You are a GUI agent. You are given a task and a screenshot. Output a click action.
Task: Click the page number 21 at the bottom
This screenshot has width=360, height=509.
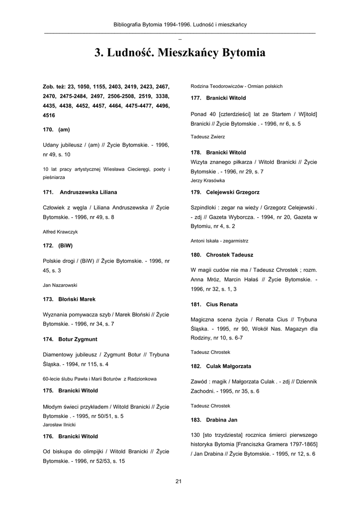pyautogui.click(x=180, y=481)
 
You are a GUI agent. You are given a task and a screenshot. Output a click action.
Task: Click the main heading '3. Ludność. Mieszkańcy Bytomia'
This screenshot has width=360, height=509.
pyautogui.click(x=180, y=53)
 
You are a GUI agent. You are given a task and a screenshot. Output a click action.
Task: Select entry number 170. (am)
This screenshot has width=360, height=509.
pyautogui.click(x=56, y=129)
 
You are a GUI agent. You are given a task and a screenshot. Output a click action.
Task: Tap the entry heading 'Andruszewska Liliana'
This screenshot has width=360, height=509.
pyautogui.click(x=88, y=192)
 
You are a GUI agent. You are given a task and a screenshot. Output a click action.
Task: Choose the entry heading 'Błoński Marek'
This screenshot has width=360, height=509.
pyautogui.click(x=77, y=299)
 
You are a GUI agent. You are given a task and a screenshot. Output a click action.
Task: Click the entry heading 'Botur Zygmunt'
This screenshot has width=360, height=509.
pyautogui.click(x=78, y=339)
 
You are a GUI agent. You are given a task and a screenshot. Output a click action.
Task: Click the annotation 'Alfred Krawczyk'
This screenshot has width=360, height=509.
pyautogui.click(x=60, y=232)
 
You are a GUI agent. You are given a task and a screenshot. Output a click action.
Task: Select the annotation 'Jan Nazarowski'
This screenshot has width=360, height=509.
pyautogui.click(x=60, y=285)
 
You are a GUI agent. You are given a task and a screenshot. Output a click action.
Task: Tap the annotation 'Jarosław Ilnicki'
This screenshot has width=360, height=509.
pyautogui.click(x=59, y=425)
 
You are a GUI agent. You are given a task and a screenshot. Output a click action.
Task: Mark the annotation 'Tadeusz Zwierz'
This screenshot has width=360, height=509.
pyautogui.click(x=208, y=136)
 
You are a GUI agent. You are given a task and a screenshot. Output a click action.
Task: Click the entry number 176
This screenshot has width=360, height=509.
pyautogui.click(x=48, y=436)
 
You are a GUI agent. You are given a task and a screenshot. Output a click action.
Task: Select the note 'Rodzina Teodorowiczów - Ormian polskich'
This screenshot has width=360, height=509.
pyautogui.click(x=237, y=86)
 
